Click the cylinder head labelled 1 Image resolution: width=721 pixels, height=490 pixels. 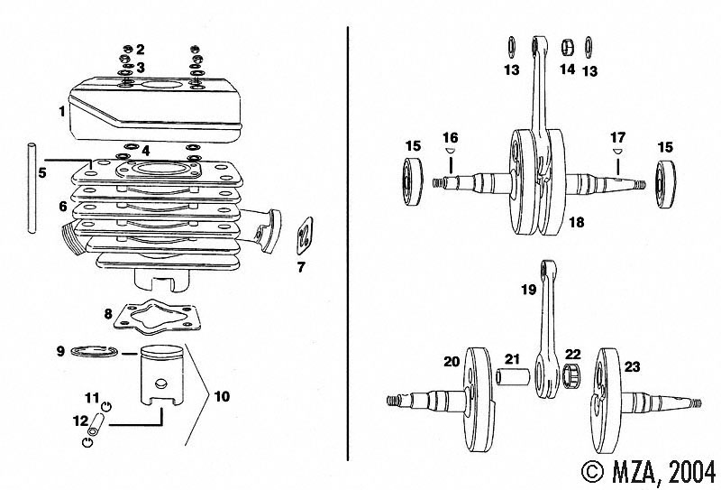156,110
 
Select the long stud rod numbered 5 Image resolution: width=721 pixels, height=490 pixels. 32,189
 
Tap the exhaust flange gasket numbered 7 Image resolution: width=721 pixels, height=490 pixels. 304,236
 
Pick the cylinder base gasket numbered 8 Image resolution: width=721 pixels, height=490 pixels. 157,318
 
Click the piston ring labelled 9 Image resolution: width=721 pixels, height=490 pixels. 95,351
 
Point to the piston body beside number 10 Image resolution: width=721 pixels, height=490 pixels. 160,375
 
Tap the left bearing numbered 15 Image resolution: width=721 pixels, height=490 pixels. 413,181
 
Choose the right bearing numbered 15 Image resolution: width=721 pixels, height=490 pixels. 665,183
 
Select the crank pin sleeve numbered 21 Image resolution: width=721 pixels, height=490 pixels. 512,376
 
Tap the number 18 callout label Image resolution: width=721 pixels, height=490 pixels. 576,222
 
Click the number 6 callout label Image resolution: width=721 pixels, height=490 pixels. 63,206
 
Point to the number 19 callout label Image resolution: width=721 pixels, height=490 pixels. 529,290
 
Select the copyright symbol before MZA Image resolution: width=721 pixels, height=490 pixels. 593,471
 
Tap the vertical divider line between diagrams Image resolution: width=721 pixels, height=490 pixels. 348,243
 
